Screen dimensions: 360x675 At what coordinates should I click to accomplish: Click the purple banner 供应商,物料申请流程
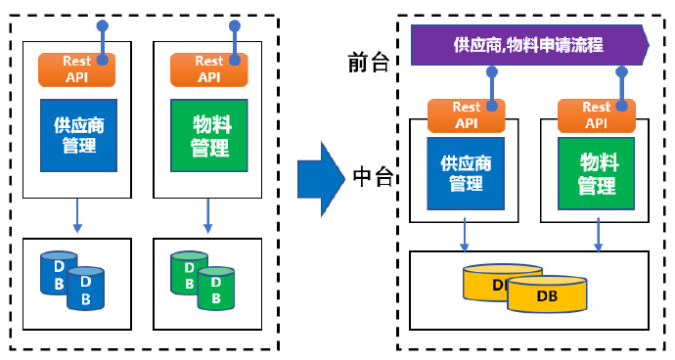click(x=528, y=45)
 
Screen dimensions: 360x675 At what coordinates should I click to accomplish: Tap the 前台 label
click(x=369, y=63)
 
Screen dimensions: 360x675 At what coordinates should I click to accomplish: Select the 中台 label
click(x=373, y=177)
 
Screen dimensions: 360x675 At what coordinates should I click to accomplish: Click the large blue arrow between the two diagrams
click(x=321, y=177)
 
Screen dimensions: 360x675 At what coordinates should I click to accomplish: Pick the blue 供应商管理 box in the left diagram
click(x=78, y=135)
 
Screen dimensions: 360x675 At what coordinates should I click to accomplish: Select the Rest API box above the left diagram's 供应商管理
click(x=76, y=68)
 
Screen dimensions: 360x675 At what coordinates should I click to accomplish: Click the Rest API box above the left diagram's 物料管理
click(x=208, y=68)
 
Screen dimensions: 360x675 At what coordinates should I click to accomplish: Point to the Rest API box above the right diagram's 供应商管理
click(x=466, y=114)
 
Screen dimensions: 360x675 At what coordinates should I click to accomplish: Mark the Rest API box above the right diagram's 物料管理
click(x=596, y=114)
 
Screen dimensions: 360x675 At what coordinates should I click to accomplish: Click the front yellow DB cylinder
click(x=547, y=294)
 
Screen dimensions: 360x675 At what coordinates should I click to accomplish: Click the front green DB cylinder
click(x=215, y=290)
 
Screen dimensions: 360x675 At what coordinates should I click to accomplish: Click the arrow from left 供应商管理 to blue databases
click(x=77, y=215)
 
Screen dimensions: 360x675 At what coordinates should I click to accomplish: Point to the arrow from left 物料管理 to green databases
click(x=207, y=215)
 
